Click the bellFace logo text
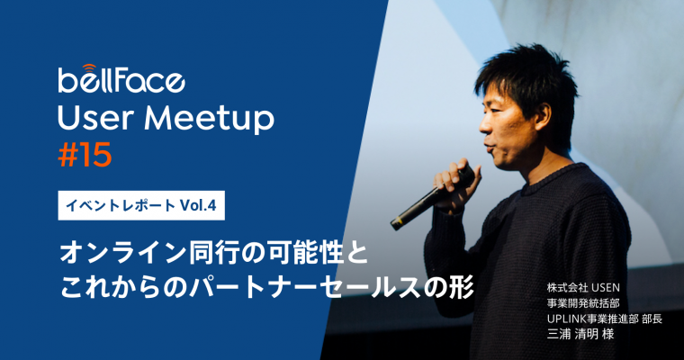121,81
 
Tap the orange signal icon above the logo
88,67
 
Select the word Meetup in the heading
210,118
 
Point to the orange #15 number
85,156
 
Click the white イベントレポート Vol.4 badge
141,205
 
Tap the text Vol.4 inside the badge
198,205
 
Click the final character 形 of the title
463,288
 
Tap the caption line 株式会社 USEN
583,288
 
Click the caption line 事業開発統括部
583,303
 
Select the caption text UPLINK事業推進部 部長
605,319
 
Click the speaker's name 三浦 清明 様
580,334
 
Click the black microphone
432,197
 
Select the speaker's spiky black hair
527,81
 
